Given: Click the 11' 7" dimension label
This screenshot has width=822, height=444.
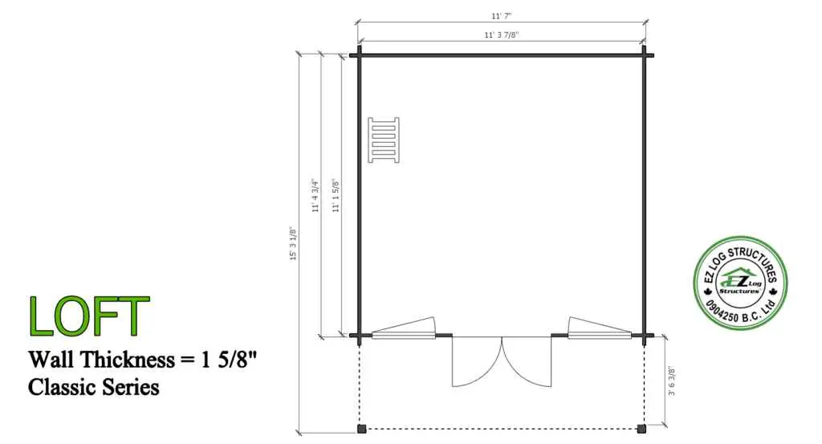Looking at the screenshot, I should click(502, 15).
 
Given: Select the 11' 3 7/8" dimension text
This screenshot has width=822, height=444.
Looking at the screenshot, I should click(502, 35).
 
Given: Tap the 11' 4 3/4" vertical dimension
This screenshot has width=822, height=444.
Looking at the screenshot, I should click(316, 195).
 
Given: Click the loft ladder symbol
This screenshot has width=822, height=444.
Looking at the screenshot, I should click(384, 140).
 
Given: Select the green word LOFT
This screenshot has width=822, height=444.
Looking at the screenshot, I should click(89, 316).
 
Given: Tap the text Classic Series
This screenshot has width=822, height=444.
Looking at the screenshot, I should click(93, 387).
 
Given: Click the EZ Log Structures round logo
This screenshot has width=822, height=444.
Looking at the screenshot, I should click(739, 283).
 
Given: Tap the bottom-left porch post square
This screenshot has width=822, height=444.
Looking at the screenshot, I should click(360, 428).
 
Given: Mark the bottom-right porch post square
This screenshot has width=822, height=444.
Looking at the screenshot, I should click(641, 428).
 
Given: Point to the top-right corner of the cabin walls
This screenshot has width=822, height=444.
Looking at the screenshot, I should click(644, 55).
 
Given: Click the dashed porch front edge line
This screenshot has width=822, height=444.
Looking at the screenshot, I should click(502, 428).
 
